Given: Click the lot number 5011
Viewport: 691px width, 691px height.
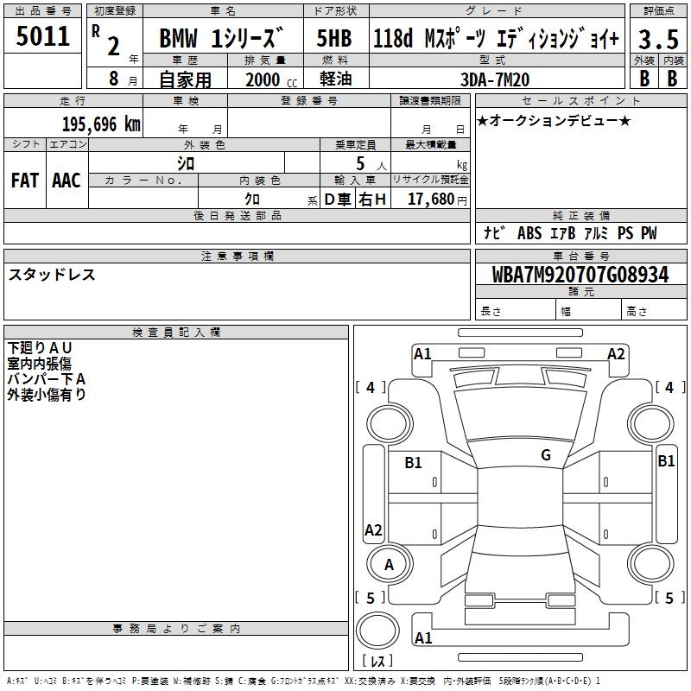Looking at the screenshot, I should (x=42, y=36).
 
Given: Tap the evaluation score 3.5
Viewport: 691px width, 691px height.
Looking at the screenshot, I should (x=657, y=39).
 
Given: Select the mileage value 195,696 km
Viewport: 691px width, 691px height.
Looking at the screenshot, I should (x=101, y=124).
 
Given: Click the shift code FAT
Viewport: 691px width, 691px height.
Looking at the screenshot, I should (x=25, y=181).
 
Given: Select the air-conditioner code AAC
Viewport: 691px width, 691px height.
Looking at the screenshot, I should (x=67, y=181).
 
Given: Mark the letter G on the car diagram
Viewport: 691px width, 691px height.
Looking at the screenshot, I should (x=546, y=455).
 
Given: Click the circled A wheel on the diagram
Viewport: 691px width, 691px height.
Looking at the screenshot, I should (x=389, y=565).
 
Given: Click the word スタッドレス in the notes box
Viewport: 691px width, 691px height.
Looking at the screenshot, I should (x=52, y=275).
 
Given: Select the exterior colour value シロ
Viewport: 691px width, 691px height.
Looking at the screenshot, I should (x=185, y=163).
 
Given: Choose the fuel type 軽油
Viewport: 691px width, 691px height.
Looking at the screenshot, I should (x=335, y=79).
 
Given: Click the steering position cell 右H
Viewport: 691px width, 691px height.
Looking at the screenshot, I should (x=373, y=200).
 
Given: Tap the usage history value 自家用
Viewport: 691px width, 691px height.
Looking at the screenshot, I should (x=185, y=79).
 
